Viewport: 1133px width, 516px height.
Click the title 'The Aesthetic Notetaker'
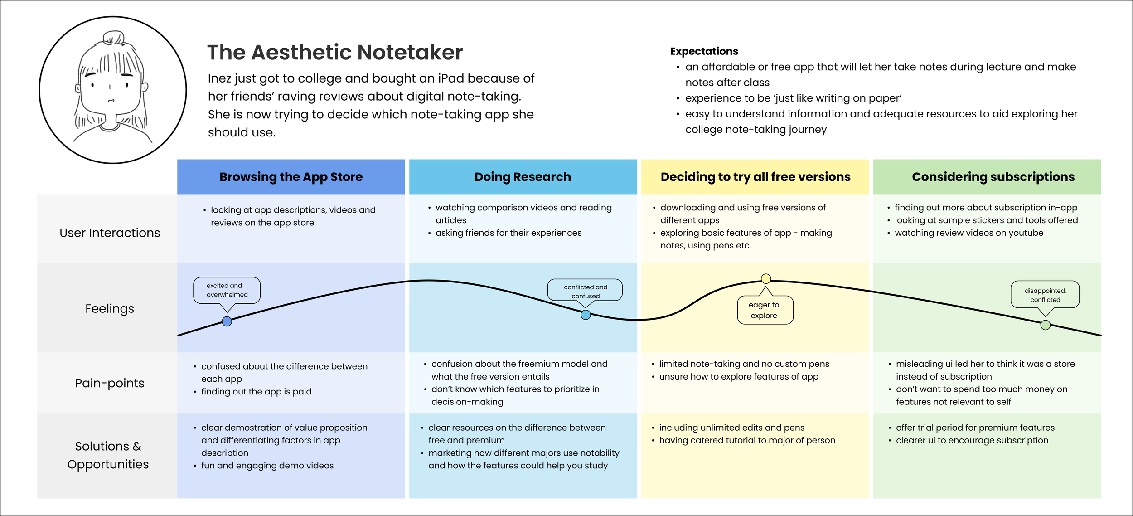(335, 53)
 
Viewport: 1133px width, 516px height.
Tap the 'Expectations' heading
(704, 51)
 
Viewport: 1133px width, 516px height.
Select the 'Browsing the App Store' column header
(291, 177)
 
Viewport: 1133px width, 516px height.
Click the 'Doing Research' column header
(523, 177)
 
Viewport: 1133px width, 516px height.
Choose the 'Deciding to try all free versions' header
(755, 177)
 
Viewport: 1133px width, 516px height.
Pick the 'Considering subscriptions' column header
(993, 177)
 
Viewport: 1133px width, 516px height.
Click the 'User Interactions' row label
(110, 233)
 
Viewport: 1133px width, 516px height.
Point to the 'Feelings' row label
(110, 309)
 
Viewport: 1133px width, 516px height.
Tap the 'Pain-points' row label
(110, 383)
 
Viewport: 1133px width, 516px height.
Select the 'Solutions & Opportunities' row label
(108, 455)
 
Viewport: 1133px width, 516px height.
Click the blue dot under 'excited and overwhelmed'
(227, 321)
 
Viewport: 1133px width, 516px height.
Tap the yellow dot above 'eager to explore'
(766, 278)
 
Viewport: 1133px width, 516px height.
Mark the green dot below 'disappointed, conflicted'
(1046, 325)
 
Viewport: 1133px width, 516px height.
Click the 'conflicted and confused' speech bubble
(585, 291)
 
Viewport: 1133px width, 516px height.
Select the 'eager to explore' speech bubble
(765, 310)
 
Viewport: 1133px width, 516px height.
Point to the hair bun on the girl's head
(113, 38)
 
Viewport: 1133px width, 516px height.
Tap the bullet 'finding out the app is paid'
(256, 392)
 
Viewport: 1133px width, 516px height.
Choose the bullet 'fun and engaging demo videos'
(267, 466)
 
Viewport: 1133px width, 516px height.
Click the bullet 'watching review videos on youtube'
(968, 233)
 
